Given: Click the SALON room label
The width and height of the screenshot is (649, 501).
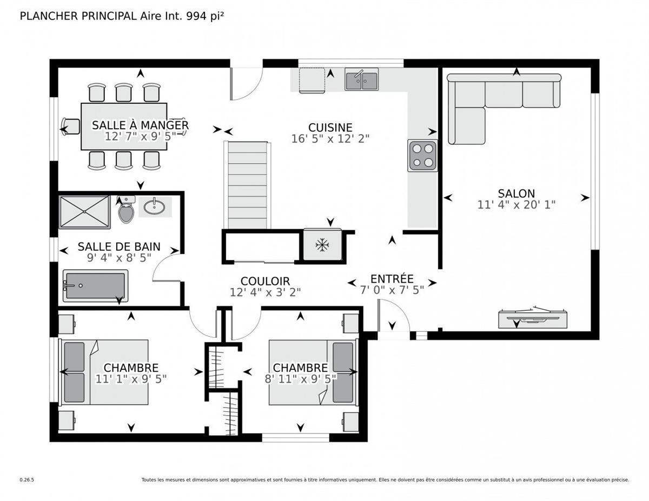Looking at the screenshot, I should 516,193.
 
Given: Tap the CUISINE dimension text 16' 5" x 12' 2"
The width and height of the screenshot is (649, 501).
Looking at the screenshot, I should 330,138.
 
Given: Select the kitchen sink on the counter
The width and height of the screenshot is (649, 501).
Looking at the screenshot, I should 362,80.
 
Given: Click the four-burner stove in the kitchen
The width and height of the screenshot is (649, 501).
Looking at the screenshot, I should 422,155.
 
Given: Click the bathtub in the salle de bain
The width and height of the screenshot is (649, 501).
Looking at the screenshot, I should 95,286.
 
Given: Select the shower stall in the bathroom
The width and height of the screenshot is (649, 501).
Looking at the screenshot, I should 84,212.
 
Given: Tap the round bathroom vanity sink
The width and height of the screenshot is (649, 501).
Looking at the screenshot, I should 155,206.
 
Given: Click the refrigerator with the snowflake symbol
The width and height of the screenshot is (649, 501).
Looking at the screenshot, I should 322,245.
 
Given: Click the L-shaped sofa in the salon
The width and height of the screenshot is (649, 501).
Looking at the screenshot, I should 487,103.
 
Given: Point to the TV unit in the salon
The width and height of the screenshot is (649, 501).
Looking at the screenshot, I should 533,319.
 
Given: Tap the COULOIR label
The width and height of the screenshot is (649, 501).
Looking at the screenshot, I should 265,281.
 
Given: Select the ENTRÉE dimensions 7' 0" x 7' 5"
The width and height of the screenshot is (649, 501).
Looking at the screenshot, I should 393,289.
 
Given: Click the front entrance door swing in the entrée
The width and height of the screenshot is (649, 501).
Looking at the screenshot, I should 393,319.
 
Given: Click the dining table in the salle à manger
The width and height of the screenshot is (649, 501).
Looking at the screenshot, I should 123,126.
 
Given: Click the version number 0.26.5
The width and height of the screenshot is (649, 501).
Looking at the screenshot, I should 27,479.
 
